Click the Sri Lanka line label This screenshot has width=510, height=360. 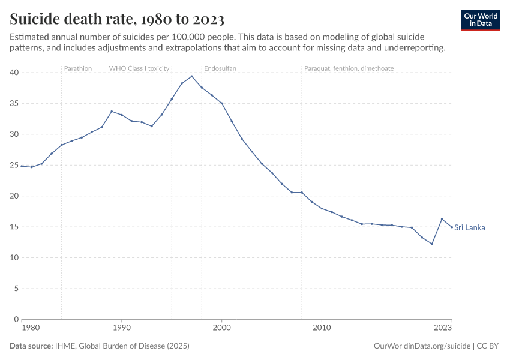point(469,227)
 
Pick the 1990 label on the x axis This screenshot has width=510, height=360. point(122,328)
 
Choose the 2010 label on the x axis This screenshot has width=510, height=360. point(322,328)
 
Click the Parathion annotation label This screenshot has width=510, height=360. point(78,68)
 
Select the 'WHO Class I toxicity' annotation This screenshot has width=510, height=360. point(139,68)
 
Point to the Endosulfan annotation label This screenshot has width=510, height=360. point(220,68)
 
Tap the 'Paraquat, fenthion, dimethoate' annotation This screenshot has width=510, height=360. point(349,68)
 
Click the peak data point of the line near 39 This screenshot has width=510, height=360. point(191,76)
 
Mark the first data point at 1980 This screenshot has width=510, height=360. point(22,166)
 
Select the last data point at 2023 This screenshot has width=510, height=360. point(452,227)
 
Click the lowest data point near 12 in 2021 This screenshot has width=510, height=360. point(432,244)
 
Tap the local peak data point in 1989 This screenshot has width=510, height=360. point(112,111)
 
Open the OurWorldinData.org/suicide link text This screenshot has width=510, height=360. point(422,346)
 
